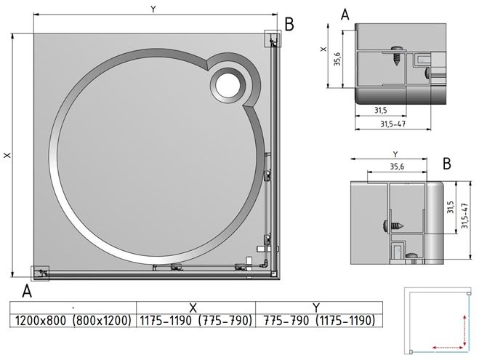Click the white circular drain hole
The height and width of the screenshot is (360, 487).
[228, 85]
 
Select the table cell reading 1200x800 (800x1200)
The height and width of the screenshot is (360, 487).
[73, 320]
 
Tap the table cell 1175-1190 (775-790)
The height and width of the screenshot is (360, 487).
[196, 320]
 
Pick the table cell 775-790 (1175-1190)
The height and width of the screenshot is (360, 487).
[319, 320]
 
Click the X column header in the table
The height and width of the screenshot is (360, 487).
[193, 308]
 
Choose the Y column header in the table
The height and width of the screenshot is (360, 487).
[316, 308]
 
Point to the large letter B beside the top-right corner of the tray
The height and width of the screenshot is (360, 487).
[289, 24]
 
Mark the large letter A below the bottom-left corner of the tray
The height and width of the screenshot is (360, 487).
[27, 292]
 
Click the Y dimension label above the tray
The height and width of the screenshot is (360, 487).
[153, 9]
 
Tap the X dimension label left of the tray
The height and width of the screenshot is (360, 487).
[7, 155]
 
